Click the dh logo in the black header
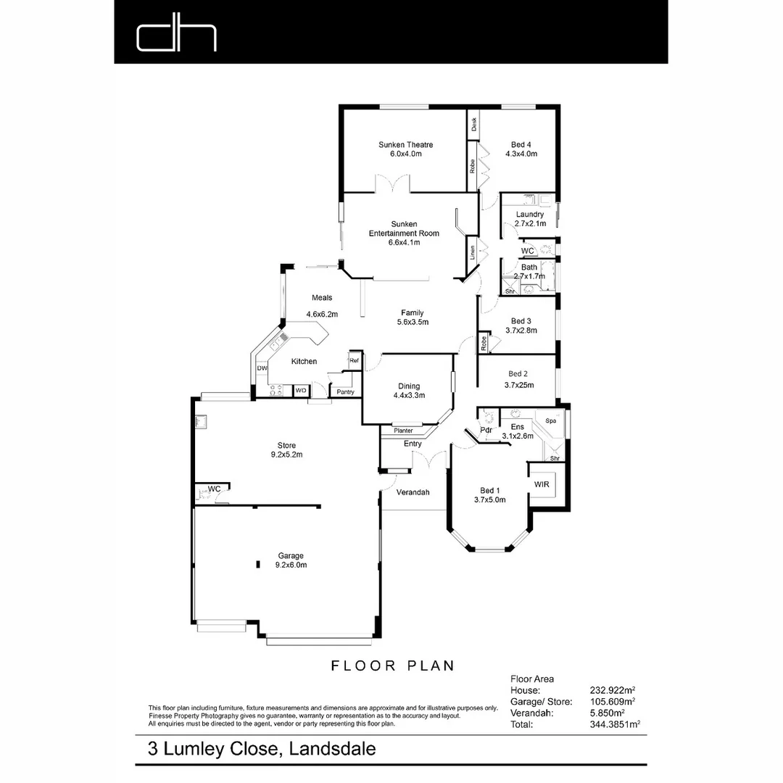[x=177, y=37]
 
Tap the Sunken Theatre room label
[x=405, y=145]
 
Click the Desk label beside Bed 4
[x=473, y=125]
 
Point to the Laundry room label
[x=530, y=215]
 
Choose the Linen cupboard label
[x=473, y=253]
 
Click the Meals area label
[x=322, y=298]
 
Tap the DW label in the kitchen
[x=262, y=368]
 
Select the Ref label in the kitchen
[x=355, y=360]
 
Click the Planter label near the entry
[x=403, y=431]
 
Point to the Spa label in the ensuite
[x=550, y=420]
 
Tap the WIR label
[x=542, y=484]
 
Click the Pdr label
[x=486, y=430]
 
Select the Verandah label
[x=413, y=492]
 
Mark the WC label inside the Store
[x=214, y=489]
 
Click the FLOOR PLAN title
[x=392, y=666]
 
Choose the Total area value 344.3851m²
[x=616, y=724]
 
